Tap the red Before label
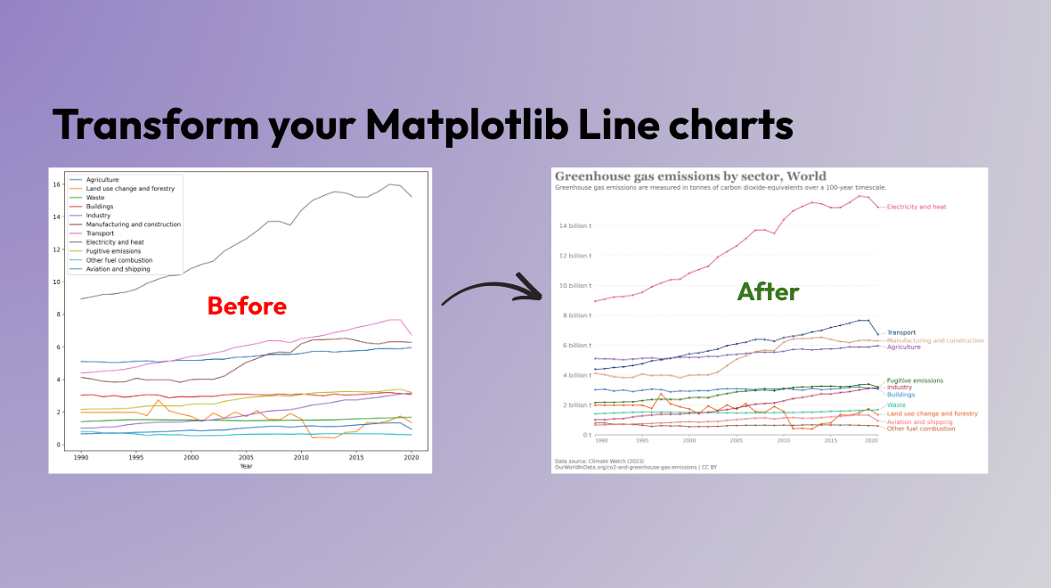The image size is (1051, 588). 247,306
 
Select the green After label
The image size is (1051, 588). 768,291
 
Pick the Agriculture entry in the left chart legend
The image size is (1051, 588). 102,180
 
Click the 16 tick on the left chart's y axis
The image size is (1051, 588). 56,184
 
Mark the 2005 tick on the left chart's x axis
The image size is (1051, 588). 245,456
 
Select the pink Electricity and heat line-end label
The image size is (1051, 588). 917,207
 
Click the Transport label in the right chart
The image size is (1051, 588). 900,332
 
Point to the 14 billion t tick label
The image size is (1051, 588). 574,226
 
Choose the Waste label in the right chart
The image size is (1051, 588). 896,404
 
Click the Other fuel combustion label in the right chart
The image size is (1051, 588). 921,429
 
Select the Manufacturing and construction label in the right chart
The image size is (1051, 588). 935,340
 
